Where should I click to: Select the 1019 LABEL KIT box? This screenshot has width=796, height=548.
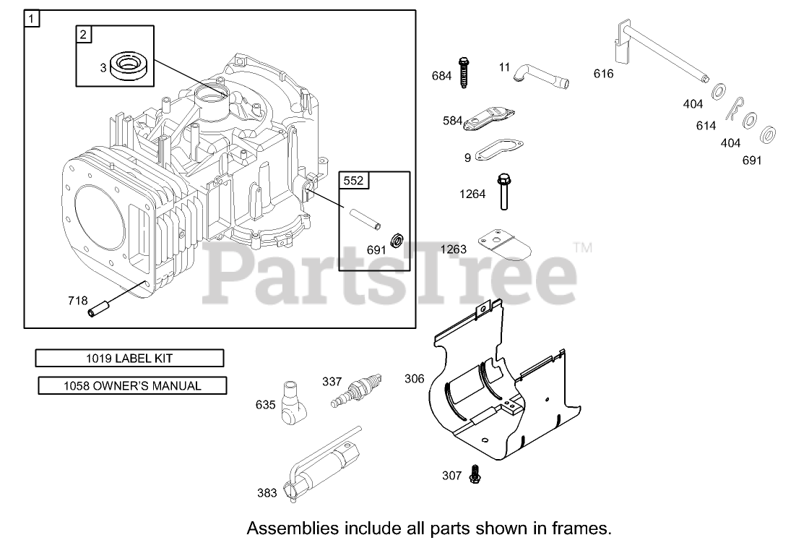(130, 358)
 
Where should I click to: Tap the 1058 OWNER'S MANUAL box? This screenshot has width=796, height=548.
(132, 386)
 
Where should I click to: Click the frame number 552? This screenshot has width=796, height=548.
(353, 181)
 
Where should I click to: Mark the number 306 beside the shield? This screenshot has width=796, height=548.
(415, 379)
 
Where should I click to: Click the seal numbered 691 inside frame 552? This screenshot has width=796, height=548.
(395, 239)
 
